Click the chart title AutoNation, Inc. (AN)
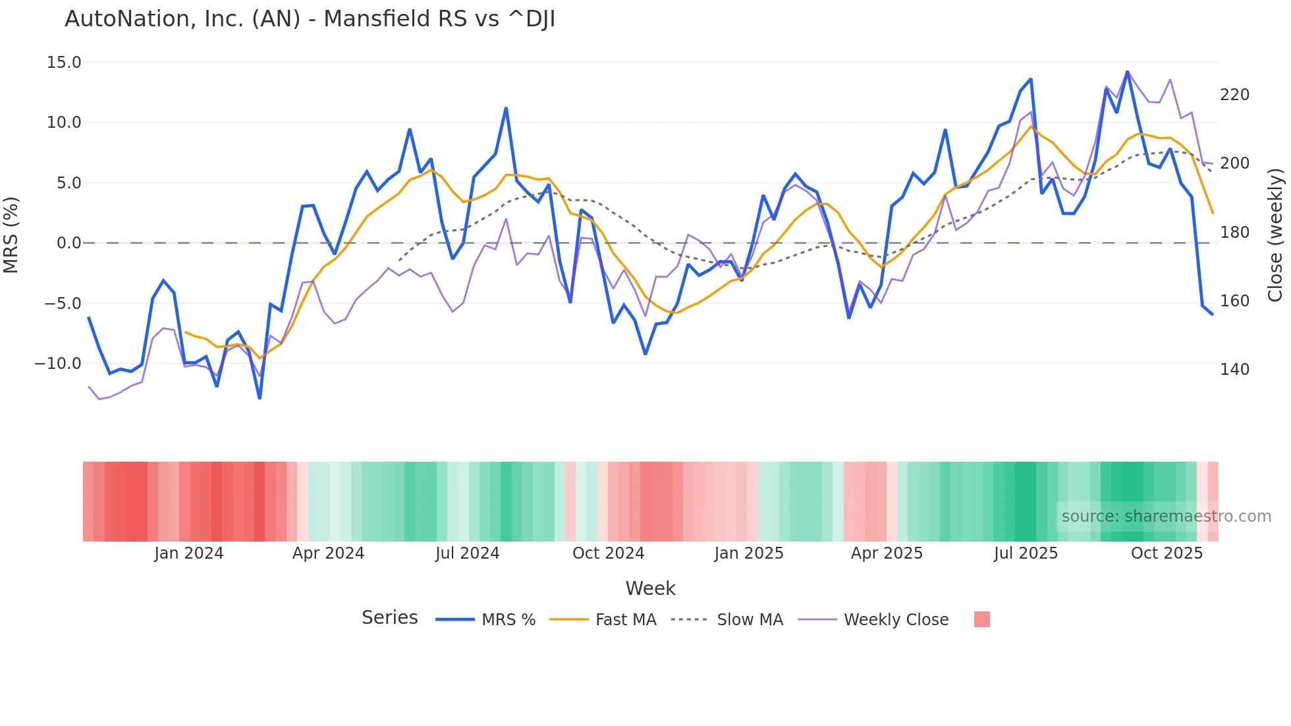tap(310, 19)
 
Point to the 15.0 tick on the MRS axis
tap(64, 63)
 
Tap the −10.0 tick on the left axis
tap(58, 364)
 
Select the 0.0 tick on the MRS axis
tap(69, 243)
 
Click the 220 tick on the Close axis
tap(1234, 95)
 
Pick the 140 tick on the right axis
tap(1234, 370)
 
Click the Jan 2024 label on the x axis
tap(189, 553)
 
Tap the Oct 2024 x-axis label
tap(608, 553)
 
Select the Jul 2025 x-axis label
tap(1026, 553)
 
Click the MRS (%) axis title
tap(11, 235)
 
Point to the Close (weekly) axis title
tap(1275, 235)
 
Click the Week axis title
tap(650, 588)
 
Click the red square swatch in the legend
tap(981, 619)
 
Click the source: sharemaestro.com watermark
tap(1166, 517)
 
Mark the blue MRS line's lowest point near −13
tap(260, 398)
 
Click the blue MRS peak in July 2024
tap(506, 108)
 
